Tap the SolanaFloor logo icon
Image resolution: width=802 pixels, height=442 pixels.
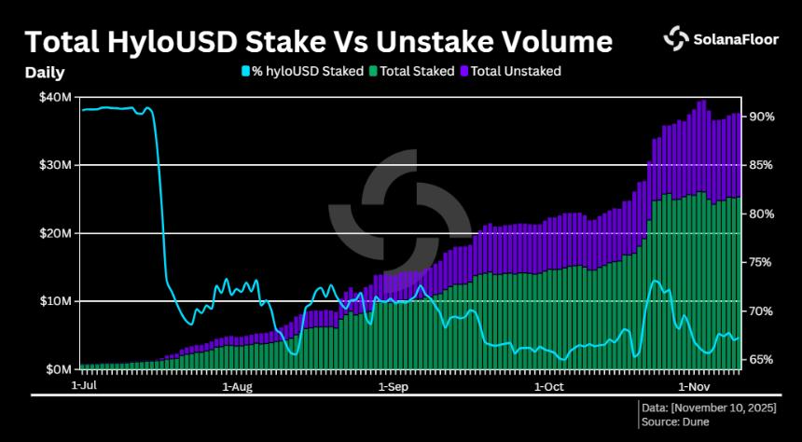point(676,38)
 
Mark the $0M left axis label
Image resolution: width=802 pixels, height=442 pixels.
point(59,369)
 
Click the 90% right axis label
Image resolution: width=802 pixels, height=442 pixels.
point(763,117)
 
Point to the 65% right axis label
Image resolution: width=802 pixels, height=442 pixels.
point(763,359)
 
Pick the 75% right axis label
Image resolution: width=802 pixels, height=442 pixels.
point(763,262)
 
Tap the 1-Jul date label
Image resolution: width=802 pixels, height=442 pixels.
point(85,383)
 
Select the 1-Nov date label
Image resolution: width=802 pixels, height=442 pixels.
point(695,383)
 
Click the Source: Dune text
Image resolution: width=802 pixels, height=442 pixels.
point(675,421)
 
